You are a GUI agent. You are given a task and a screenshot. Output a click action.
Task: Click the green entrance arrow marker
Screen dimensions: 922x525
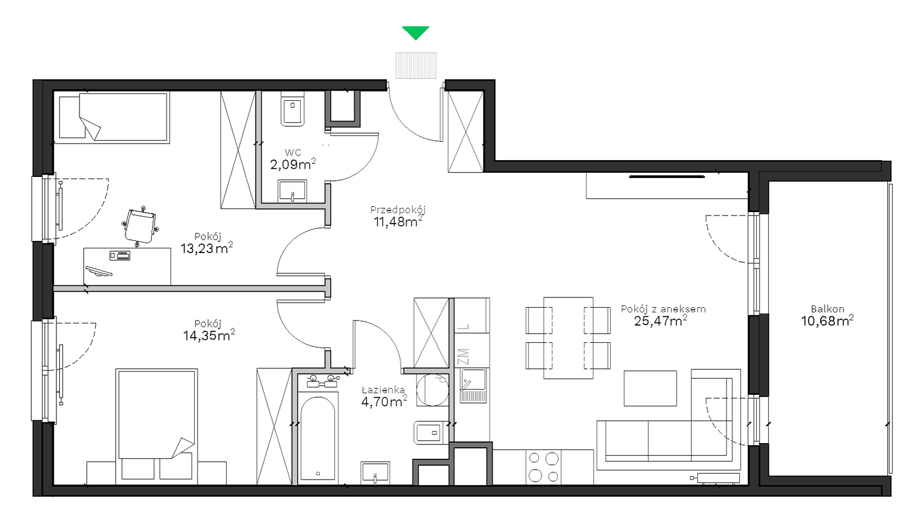click(415, 32)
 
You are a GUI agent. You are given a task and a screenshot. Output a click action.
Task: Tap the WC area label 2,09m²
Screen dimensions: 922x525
click(293, 164)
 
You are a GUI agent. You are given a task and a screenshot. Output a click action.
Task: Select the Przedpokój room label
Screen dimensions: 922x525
click(398, 210)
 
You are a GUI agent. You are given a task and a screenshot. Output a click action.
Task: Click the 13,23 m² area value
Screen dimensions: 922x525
click(207, 248)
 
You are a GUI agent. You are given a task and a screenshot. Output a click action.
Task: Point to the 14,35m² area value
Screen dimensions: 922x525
click(209, 335)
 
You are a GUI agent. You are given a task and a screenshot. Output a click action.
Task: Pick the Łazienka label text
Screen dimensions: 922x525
click(383, 389)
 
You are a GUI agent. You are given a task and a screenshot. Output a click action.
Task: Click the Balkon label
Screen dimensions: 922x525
click(827, 309)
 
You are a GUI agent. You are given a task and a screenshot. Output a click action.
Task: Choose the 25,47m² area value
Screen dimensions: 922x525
click(660, 321)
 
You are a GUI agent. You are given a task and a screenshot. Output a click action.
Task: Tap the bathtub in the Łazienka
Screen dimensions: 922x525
click(318, 438)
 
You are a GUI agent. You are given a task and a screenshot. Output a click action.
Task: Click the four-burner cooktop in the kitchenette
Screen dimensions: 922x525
click(543, 467)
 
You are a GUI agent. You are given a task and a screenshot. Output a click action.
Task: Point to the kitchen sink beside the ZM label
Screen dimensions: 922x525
click(473, 386)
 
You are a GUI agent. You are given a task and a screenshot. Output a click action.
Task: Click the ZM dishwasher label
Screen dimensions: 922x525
click(463, 357)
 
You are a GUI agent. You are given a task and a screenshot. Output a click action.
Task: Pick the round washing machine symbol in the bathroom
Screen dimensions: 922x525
click(433, 390)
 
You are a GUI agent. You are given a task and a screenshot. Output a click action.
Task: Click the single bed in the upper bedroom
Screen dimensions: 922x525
click(114, 117)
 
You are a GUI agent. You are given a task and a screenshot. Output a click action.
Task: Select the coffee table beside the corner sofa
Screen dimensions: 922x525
click(650, 388)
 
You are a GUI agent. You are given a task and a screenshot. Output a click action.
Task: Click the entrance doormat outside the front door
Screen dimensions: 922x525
click(415, 65)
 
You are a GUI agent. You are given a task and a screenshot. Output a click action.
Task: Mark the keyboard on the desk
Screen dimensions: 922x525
click(99, 272)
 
